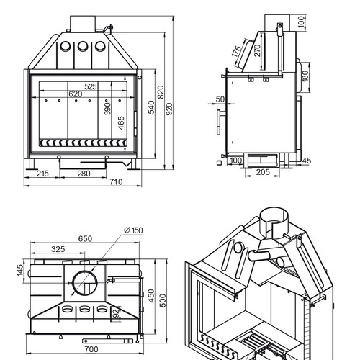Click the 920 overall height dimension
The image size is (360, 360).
click(169, 109)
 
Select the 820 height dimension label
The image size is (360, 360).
click(161, 92)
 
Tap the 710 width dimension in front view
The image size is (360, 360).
click(116, 182)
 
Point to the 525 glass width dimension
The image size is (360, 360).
click(91, 86)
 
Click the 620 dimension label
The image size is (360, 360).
click(76, 94)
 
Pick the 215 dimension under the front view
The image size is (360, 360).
click(42, 174)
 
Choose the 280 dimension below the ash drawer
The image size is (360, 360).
click(84, 174)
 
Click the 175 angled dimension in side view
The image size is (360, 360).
click(236, 52)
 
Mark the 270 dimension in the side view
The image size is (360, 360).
click(257, 50)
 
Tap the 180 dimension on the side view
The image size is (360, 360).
click(305, 76)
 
